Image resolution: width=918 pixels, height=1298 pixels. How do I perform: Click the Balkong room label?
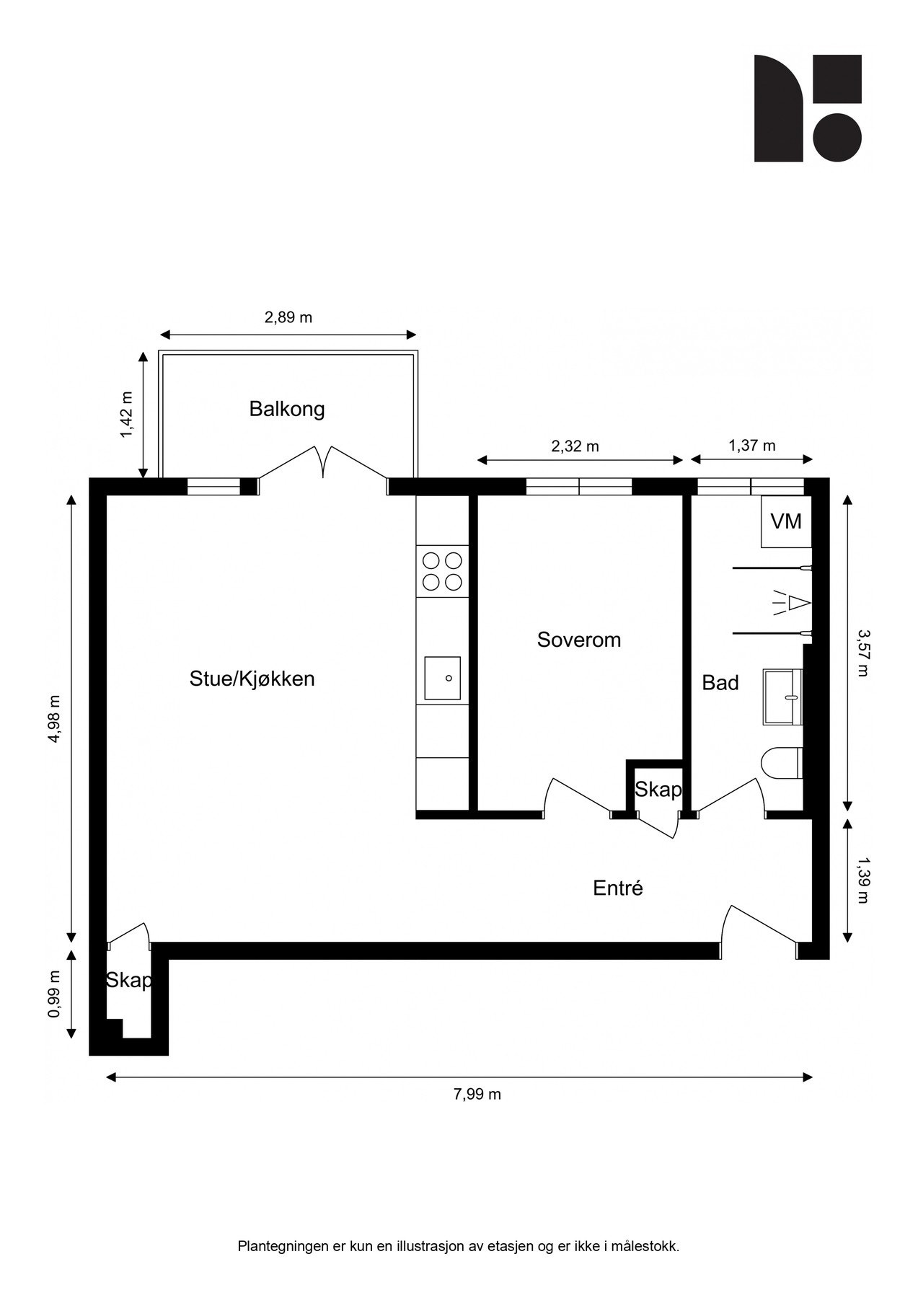[287, 409]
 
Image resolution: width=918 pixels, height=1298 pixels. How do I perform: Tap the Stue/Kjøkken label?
[252, 679]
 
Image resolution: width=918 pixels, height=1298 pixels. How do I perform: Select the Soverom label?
[578, 640]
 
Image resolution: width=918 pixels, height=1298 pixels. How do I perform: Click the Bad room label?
[720, 682]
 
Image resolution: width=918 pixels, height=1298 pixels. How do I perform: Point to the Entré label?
[617, 888]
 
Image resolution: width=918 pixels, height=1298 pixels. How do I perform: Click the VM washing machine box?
[786, 521]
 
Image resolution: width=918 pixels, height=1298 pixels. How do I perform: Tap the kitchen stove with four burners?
[442, 571]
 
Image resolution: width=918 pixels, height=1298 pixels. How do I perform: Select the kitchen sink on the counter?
[442, 678]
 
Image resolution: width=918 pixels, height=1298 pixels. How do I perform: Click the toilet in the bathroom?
[782, 763]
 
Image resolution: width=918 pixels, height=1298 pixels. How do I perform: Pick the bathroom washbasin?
[782, 697]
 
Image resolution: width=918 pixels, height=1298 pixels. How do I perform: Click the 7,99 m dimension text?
[477, 1094]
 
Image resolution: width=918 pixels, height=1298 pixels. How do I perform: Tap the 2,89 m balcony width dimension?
[288, 317]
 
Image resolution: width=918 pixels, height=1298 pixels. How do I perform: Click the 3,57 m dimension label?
[862, 653]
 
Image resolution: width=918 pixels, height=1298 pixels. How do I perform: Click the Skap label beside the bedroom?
[658, 790]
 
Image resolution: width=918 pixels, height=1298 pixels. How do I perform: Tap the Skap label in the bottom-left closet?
[129, 980]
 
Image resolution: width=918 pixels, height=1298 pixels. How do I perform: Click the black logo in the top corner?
[808, 108]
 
